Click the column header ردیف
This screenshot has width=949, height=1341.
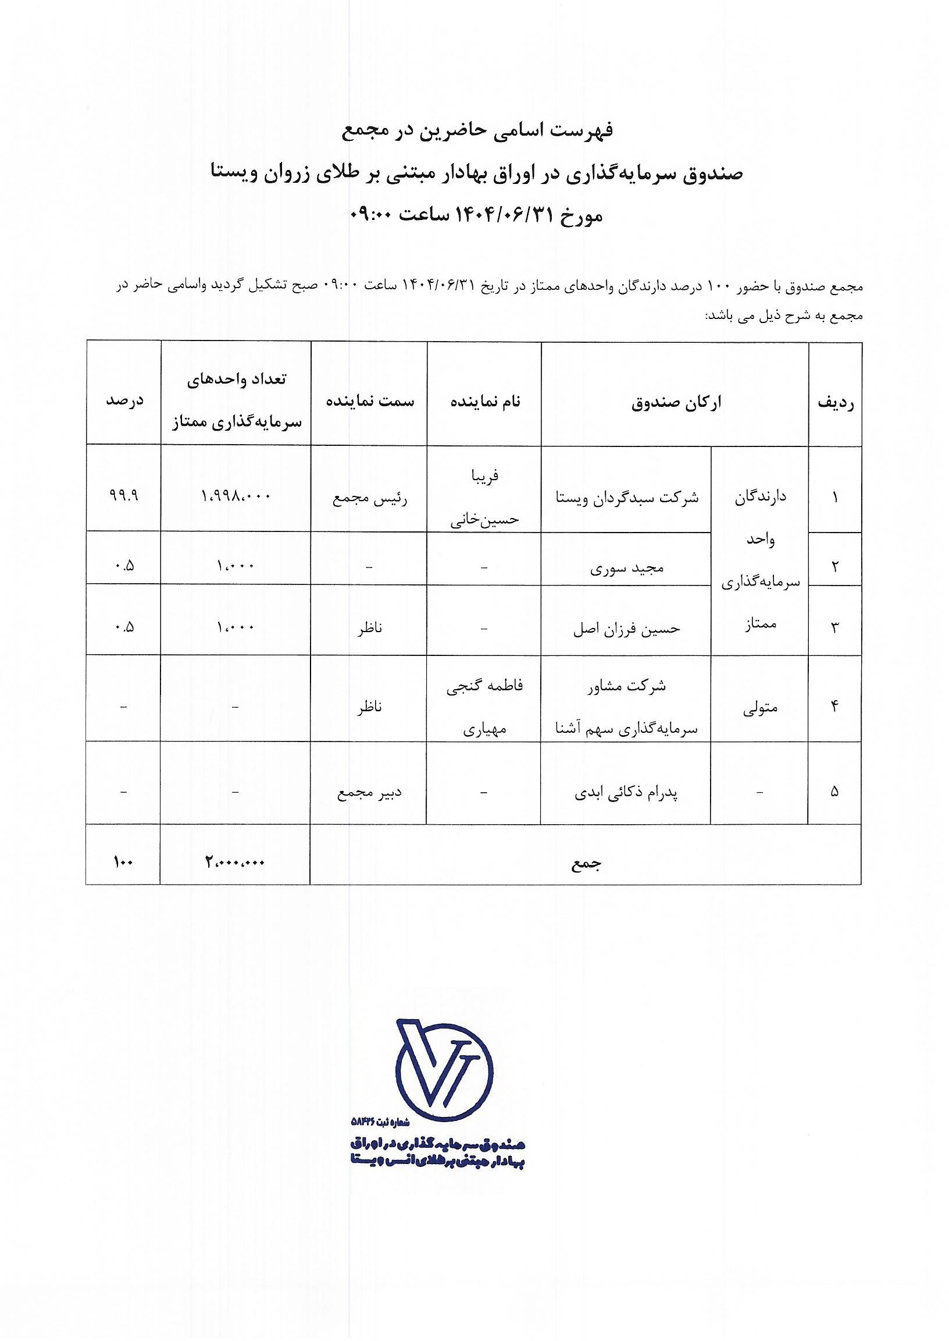tap(836, 403)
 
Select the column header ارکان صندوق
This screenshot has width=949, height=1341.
tap(676, 403)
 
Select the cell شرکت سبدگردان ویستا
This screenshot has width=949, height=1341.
tap(626, 498)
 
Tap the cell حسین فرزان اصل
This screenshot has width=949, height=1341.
tap(626, 629)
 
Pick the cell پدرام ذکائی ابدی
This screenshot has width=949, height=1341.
tap(626, 793)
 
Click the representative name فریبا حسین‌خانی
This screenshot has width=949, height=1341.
tap(484, 497)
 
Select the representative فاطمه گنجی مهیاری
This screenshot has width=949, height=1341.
tap(484, 708)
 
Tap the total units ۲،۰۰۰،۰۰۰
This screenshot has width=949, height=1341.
tap(236, 862)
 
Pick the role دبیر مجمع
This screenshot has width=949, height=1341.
tap(370, 793)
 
